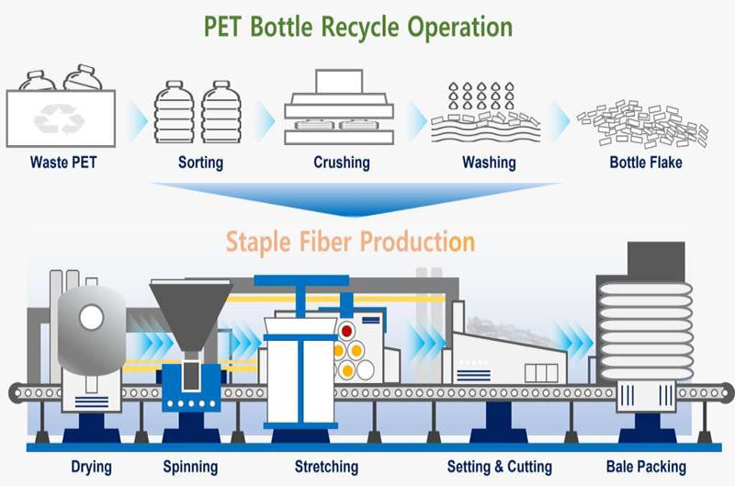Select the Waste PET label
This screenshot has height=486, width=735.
pyautogui.click(x=62, y=163)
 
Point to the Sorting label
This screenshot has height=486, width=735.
pyautogui.click(x=200, y=163)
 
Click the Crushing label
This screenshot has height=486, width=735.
pyautogui.click(x=341, y=163)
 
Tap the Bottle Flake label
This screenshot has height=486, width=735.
pyautogui.click(x=641, y=163)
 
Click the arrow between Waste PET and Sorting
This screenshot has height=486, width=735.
pyautogui.click(x=137, y=118)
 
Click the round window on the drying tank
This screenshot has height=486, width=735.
pyautogui.click(x=91, y=318)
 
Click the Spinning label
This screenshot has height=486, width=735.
pyautogui.click(x=191, y=467)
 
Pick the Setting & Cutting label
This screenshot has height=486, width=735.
pyautogui.click(x=499, y=467)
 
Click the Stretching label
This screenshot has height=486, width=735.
pyautogui.click(x=326, y=467)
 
